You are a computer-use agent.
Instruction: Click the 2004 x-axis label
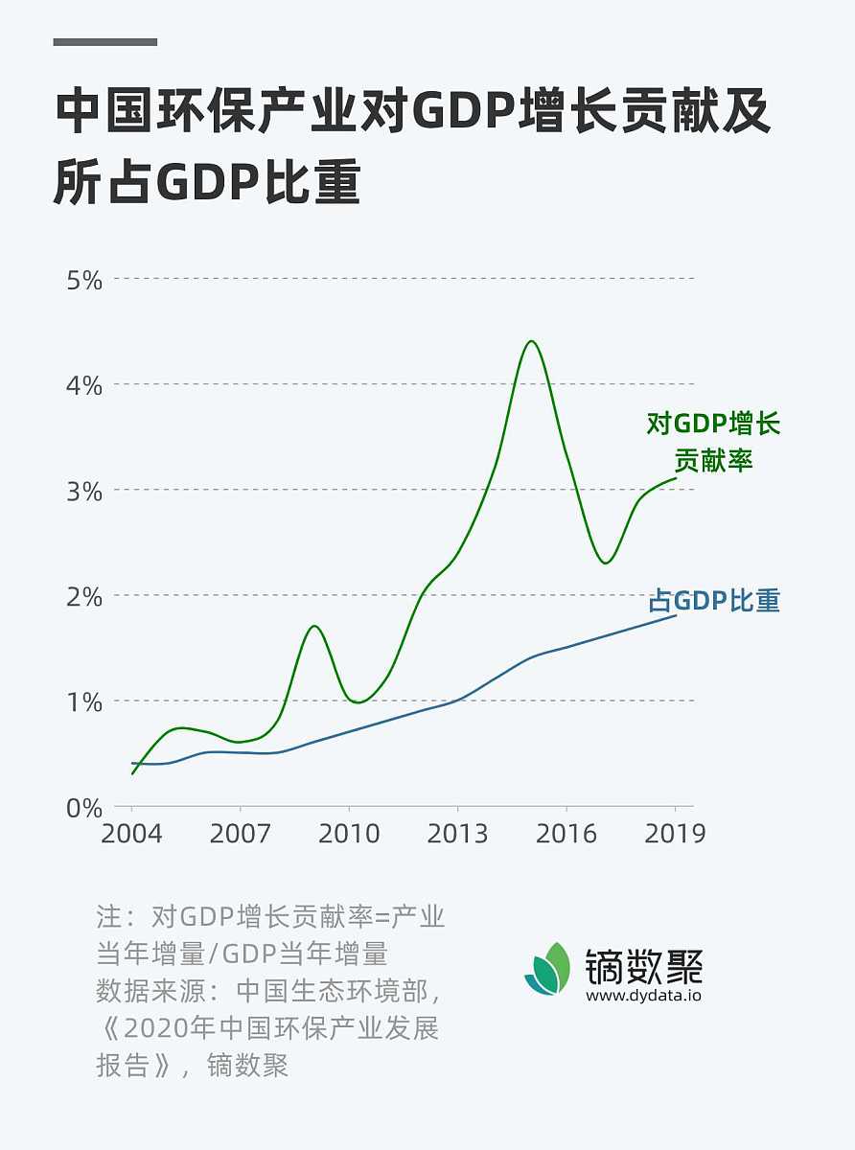tap(131, 834)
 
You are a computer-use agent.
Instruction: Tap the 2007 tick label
tap(240, 834)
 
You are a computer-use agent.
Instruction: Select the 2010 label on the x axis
tap(349, 834)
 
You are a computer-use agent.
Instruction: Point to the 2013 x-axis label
tap(457, 834)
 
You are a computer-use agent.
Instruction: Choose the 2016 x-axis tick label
tap(566, 834)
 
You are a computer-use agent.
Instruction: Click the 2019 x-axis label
tap(675, 834)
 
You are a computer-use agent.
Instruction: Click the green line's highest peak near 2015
tap(531, 341)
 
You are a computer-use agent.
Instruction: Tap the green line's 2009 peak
tap(313, 626)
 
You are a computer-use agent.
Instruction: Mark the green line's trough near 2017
tap(605, 563)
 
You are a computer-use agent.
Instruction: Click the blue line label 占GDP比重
tap(714, 601)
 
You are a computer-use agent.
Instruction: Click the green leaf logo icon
tap(547, 969)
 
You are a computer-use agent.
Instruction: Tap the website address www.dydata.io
tap(644, 995)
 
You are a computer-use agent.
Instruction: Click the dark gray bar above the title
tap(104, 42)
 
